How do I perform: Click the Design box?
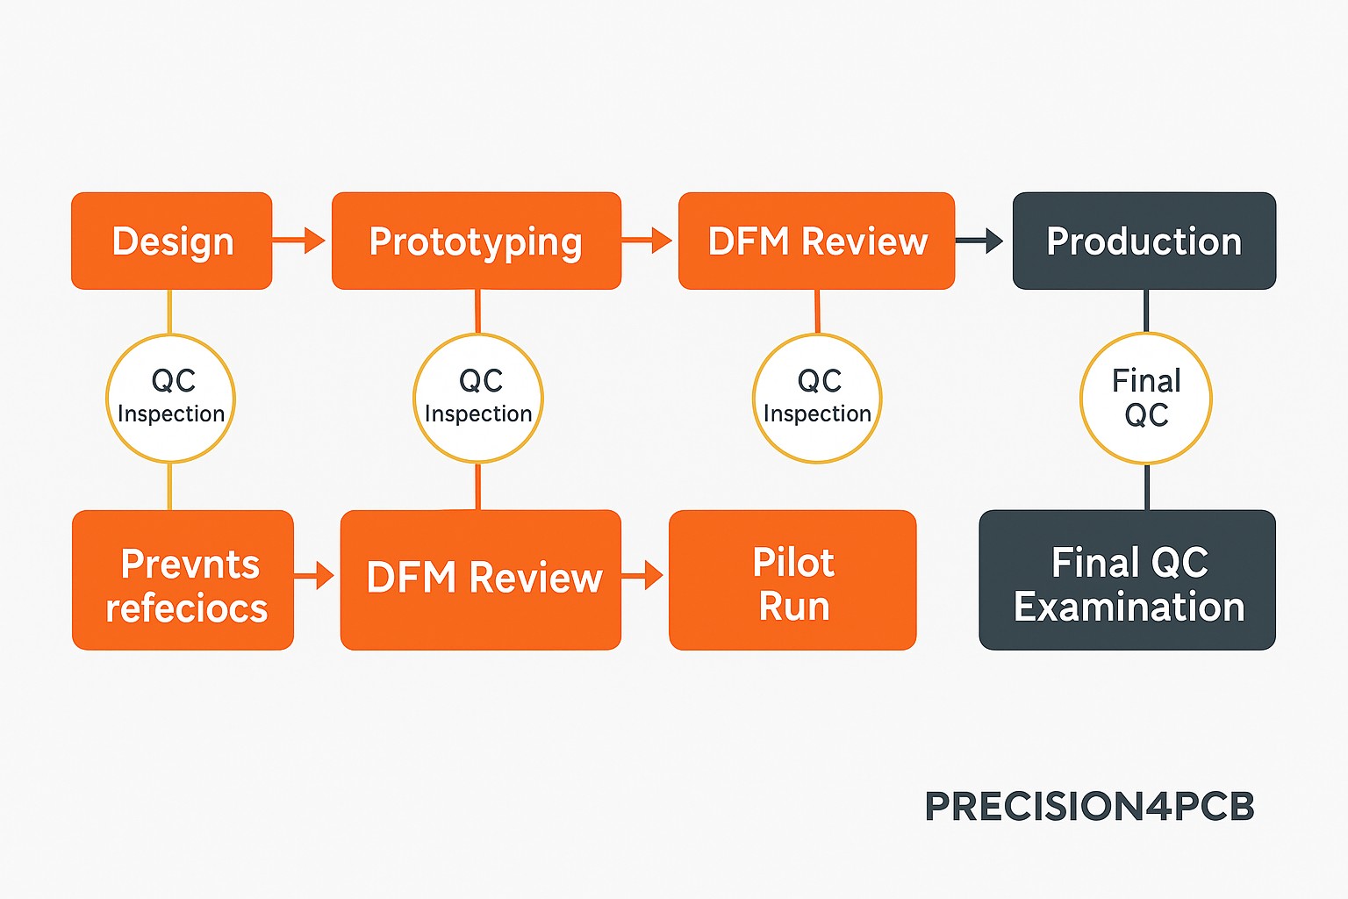(x=172, y=241)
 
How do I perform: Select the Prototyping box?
(x=476, y=241)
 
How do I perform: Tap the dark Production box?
(x=1144, y=241)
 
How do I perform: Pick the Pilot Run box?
(x=792, y=580)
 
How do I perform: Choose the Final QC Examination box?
(x=1127, y=580)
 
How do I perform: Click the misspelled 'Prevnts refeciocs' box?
(x=183, y=580)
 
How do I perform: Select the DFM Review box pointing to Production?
(x=816, y=241)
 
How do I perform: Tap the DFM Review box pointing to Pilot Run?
(x=481, y=580)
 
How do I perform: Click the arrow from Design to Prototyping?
(x=298, y=239)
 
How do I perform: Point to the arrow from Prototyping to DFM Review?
(x=647, y=239)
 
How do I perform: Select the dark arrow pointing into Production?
(x=979, y=240)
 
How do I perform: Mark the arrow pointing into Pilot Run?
(x=642, y=576)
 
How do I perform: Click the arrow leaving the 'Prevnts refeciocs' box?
(x=314, y=576)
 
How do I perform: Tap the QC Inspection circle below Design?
(x=170, y=398)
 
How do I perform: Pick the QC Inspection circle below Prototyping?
(x=478, y=398)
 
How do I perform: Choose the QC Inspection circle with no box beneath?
(x=817, y=398)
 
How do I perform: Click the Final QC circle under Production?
(x=1146, y=398)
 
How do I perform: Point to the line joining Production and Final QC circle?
(x=1146, y=311)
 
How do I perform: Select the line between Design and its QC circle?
(x=169, y=311)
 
